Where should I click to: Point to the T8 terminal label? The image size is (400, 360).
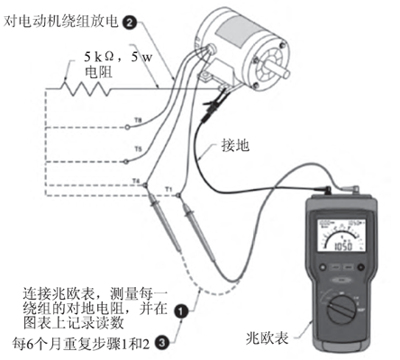coord(137,119)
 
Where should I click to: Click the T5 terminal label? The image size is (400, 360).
coord(137,149)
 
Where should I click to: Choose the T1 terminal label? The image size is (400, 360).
coord(168,187)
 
